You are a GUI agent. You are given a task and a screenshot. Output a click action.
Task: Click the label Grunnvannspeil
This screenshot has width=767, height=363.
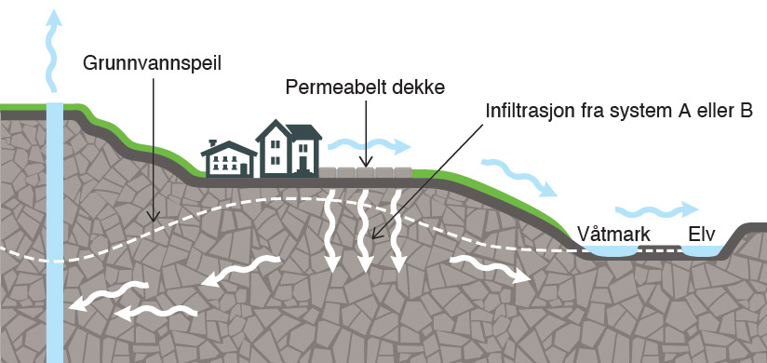pos(152,64)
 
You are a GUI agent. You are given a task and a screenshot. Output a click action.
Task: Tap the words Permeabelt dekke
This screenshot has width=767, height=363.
pos(366,87)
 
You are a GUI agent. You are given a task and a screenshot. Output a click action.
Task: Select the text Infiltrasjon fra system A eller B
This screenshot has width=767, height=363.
pos(618,111)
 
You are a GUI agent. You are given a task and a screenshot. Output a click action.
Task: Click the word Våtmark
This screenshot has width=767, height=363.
pos(614,235)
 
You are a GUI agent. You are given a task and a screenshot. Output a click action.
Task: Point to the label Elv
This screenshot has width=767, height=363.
pos(702,234)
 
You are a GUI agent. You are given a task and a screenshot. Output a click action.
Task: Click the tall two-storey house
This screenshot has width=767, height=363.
pos(289,148)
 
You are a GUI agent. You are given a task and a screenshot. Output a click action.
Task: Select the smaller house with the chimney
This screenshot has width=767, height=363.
pos(229,158)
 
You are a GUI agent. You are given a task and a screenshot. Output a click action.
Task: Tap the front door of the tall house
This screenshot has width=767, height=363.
pos(303,164)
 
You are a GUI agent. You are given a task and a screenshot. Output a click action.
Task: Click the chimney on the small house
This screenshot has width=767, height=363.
pos(212,142)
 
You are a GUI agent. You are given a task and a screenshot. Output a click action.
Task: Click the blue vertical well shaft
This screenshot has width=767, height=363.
pos(55,233)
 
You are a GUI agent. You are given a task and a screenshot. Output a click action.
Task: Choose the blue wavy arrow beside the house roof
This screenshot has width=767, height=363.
pos(369,145)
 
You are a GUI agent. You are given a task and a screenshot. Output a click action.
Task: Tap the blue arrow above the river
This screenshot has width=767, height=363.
pos(656,209)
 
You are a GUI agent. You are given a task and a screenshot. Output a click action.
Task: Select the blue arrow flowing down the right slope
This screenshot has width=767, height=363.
pos(519,177)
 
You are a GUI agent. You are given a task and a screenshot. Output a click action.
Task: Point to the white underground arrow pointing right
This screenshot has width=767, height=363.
pos(490,269)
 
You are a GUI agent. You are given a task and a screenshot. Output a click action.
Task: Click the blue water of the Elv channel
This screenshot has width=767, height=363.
pos(702,250)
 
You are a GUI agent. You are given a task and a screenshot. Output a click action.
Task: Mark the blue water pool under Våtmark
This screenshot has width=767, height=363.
pos(612,250)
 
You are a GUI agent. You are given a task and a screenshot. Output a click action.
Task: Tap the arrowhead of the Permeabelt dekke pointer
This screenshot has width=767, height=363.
pos(367,163)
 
